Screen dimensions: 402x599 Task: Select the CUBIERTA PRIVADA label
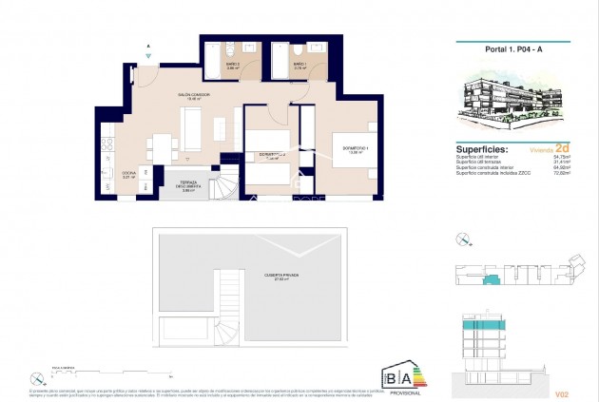[281, 277]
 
